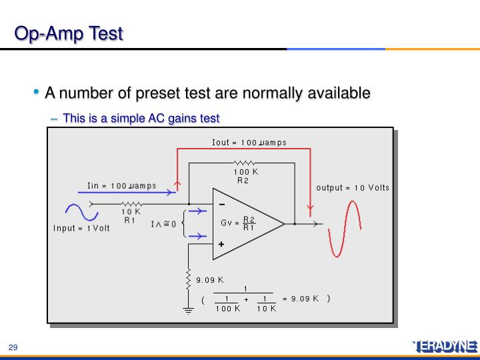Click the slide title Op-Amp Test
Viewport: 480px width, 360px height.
70,33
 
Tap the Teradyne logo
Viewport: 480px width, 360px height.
445,345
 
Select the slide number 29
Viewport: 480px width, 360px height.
13,347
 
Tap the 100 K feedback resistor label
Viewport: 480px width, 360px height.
245,171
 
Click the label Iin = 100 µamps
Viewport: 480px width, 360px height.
121,185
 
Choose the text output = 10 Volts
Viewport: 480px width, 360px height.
353,187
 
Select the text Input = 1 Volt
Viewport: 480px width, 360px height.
81,228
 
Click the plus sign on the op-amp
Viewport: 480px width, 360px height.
221,244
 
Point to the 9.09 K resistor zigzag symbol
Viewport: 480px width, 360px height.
189,279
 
